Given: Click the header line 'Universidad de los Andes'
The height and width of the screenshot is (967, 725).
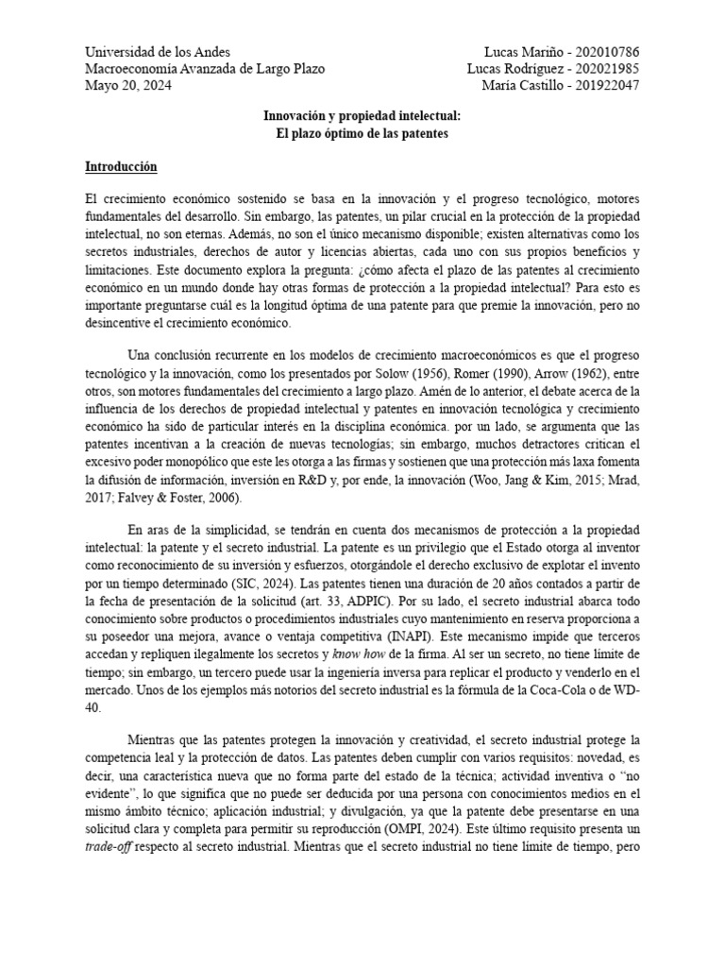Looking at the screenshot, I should coord(158,52).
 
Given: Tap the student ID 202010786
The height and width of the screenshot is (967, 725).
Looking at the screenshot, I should coord(603,52).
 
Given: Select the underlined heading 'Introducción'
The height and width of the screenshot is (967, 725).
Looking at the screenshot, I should coord(122,167).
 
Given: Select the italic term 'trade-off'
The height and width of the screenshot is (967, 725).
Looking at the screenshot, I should coord(111,846).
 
